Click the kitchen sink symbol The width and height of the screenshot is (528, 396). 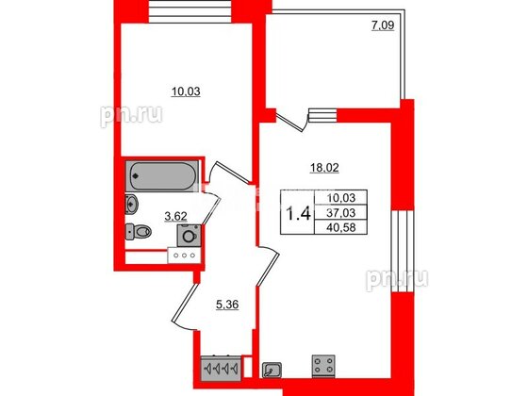point(272,370)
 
